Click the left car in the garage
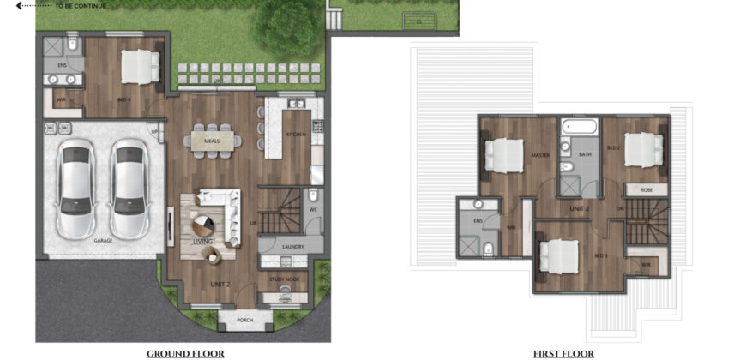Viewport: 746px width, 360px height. pos(74,189)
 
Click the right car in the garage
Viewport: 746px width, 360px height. pos(129,189)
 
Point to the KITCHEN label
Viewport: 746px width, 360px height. pos(295,135)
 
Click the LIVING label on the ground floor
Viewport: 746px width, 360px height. pos(202,242)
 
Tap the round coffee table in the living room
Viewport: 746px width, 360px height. pos(202,225)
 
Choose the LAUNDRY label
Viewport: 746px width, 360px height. pos(294,247)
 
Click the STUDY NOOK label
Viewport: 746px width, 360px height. pos(283,278)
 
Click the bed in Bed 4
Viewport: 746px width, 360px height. pos(140,64)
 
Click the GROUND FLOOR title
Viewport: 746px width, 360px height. pos(185,353)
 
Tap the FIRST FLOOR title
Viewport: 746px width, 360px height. pos(563,353)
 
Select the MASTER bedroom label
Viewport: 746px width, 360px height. pos(539,156)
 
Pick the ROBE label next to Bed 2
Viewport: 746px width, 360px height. pos(646,190)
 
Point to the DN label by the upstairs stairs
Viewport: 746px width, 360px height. pos(620,208)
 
